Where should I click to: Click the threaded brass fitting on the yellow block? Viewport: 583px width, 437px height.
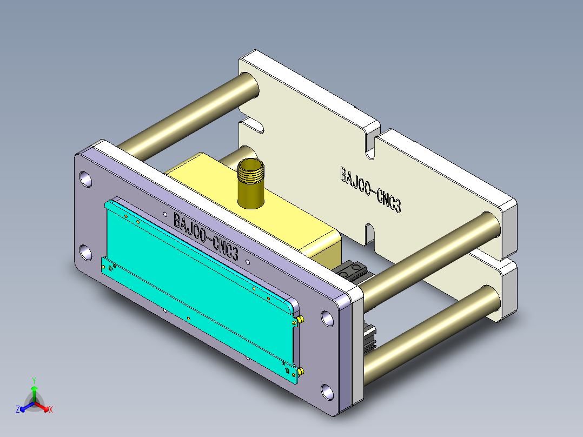251,183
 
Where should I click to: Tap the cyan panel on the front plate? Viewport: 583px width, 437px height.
201,290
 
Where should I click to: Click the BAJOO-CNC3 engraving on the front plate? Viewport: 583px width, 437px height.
206,236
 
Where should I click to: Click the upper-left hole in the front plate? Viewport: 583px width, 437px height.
86,179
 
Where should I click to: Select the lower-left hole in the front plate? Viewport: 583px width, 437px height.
86,253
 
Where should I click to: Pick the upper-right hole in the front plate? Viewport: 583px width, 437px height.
327,319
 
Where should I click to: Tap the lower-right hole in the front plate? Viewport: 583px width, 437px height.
327,392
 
